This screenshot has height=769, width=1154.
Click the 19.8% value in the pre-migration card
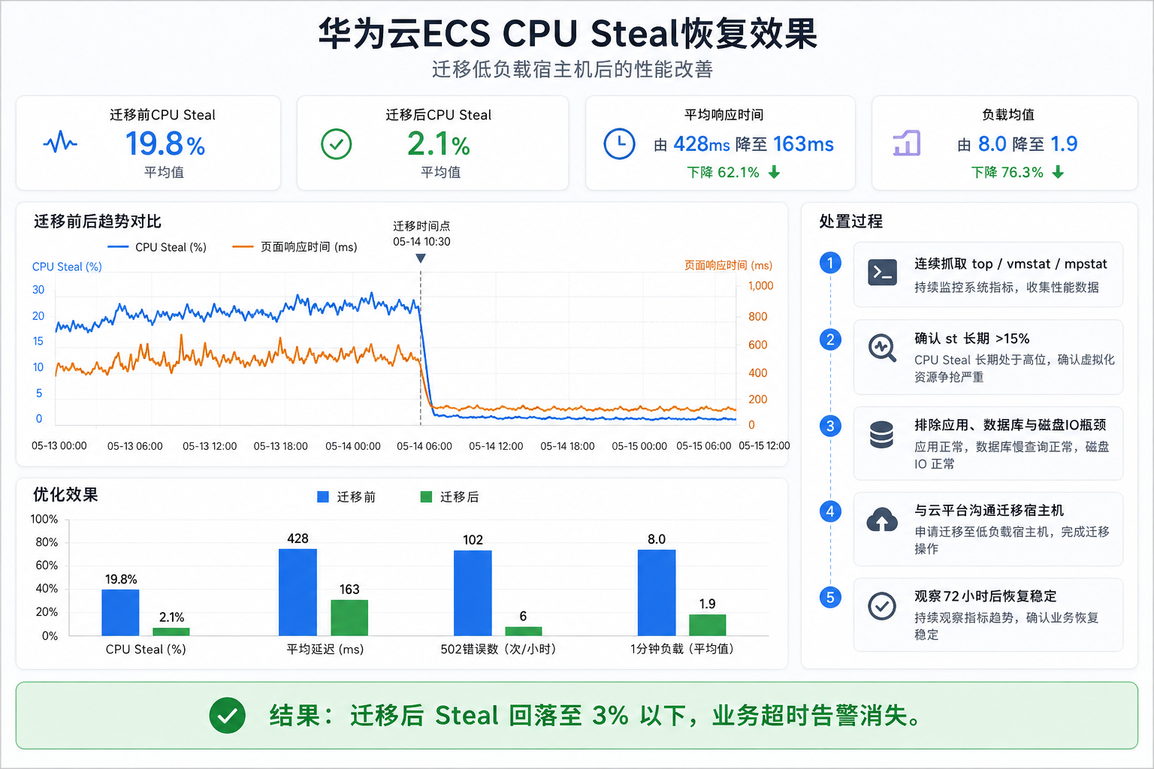[x=165, y=143]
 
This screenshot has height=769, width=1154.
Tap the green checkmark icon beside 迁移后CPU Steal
[x=337, y=143]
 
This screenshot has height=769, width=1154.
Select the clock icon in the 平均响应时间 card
[x=619, y=143]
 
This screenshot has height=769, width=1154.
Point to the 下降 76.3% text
[x=1007, y=172]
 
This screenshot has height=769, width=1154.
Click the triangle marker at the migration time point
[x=421, y=258]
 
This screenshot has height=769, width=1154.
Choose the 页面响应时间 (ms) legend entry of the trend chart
[x=295, y=247]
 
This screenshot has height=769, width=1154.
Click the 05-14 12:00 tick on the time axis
[x=496, y=446]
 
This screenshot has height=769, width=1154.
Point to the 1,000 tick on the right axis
[x=760, y=286]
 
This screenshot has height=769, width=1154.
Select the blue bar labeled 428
[x=298, y=593]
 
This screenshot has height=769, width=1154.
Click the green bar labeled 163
[x=349, y=617]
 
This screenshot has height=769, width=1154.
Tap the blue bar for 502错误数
[x=473, y=593]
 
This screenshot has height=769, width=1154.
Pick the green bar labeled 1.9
[x=707, y=625]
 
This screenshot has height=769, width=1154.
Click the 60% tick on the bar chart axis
[x=47, y=565]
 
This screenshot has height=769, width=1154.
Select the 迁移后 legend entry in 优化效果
[x=450, y=497]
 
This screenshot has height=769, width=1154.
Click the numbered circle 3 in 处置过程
[x=830, y=426]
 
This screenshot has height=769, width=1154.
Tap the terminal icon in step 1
[x=882, y=273]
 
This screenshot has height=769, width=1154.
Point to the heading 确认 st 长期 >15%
[x=971, y=339]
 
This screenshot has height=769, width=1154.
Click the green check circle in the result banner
[x=227, y=716]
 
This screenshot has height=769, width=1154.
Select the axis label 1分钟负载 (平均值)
[x=682, y=649]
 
